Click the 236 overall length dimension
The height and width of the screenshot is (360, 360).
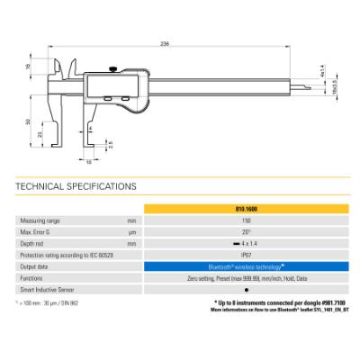pyautogui.click(x=165, y=43)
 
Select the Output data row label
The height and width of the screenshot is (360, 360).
pyautogui.click(x=37, y=267)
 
